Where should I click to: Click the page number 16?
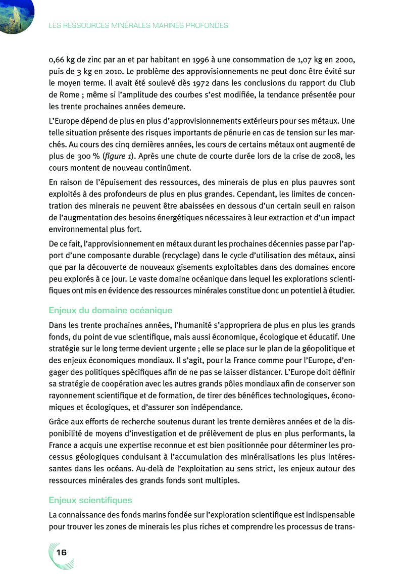[x=62, y=552]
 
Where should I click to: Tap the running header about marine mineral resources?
[x=138, y=25]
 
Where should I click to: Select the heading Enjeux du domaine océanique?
[x=111, y=310]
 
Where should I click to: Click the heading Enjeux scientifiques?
[x=90, y=500]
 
